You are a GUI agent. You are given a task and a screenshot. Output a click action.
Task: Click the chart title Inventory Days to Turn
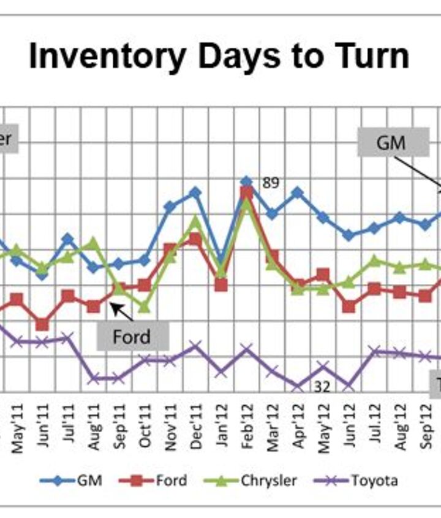coord(219,56)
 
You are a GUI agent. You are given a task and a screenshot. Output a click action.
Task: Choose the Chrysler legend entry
coord(257,480)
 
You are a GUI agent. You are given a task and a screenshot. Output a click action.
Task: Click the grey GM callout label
coord(393,143)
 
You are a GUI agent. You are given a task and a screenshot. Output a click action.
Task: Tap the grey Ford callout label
coord(132,337)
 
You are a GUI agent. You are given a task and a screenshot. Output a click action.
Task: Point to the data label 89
coord(270,183)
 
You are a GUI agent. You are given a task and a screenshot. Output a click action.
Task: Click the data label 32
coord(321,386)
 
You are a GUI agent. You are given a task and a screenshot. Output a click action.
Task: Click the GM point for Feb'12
coord(246,181)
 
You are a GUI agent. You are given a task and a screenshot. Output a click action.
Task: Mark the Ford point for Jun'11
coord(42,324)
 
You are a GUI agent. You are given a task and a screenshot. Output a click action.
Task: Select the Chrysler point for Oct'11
coord(145,305)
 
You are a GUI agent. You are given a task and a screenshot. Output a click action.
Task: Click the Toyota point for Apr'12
coord(298,386)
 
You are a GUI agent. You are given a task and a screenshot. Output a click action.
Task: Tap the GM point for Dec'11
coord(195,192)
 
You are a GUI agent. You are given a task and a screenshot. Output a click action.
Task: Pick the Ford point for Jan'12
coord(221,284)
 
